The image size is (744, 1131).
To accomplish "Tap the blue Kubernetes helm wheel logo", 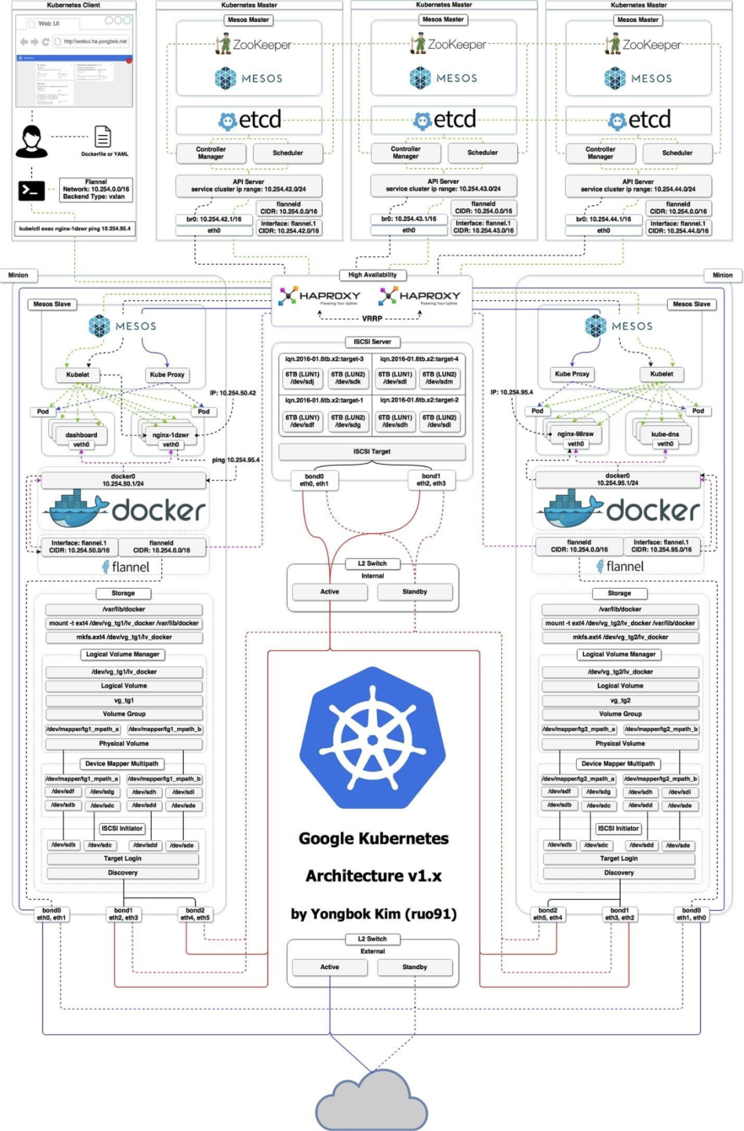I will click(x=373, y=737).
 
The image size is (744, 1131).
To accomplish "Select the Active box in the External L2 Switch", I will click(x=329, y=967).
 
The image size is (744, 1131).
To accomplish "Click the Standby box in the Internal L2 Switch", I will click(x=415, y=592).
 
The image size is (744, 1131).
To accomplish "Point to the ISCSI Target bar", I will click(x=372, y=452).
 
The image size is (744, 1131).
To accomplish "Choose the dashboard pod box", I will click(x=81, y=435).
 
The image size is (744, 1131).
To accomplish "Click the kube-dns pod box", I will click(x=665, y=434).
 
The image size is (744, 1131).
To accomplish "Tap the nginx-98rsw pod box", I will click(x=575, y=434).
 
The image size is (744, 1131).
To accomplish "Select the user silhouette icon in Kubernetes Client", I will click(x=31, y=141).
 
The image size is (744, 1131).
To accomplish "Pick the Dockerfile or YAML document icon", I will click(x=103, y=136).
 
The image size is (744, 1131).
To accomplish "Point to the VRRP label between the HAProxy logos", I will click(x=372, y=319).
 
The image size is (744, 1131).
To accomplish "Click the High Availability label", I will click(x=373, y=275).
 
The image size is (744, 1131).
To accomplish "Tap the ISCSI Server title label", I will click(x=373, y=342).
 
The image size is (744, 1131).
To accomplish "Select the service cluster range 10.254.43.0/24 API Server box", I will click(x=443, y=185).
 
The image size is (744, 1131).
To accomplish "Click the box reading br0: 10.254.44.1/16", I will click(x=603, y=219).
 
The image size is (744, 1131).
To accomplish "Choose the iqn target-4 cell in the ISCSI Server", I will click(x=419, y=359).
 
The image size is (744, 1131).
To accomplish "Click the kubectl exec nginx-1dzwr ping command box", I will click(x=74, y=229).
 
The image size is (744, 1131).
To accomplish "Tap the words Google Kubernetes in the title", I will click(x=373, y=838).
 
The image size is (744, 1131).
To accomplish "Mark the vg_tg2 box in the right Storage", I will click(x=620, y=700).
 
